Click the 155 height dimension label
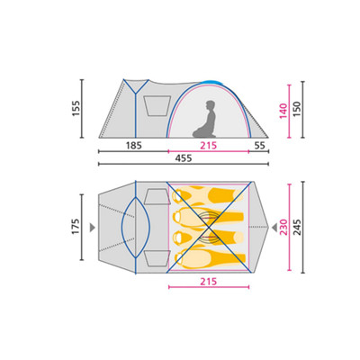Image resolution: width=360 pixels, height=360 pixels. (x=76, y=108)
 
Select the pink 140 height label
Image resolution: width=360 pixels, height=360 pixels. (x=283, y=111)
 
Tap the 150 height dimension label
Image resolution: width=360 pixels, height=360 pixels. (x=296, y=109)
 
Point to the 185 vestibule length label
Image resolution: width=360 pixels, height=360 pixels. (x=133, y=146)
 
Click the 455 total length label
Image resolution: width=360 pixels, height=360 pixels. (x=184, y=158)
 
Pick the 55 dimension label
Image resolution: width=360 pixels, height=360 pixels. (x=260, y=146)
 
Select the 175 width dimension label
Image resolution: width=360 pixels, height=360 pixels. (x=76, y=227)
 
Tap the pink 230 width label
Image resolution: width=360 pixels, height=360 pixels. (x=283, y=227)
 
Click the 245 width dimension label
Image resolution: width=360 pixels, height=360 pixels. (x=296, y=227)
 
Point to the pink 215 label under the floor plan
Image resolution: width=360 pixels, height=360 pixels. (x=209, y=282)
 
